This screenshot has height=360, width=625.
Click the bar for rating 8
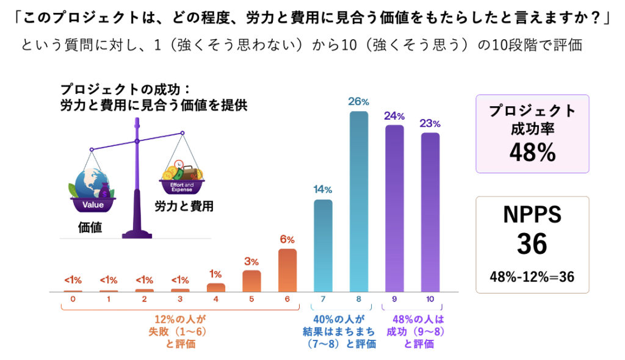point(359,201)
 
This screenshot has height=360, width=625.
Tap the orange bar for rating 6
point(287,270)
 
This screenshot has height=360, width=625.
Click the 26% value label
point(359,101)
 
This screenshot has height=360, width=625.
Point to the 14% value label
point(323,189)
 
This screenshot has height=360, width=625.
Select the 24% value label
point(394,115)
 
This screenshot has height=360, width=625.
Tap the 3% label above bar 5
point(251,261)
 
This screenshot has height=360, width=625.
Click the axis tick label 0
point(73,299)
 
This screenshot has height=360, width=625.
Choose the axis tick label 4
point(216,299)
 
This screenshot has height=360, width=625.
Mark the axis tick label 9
point(394,299)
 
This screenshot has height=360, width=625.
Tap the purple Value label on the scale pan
point(93,205)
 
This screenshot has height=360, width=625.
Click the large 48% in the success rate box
point(532,152)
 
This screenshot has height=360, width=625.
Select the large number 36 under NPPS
point(532,244)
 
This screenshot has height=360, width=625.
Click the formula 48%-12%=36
point(532,276)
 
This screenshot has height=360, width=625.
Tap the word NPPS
point(532,214)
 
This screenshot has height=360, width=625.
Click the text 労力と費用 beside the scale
point(184,205)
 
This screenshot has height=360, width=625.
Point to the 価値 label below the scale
point(90,228)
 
